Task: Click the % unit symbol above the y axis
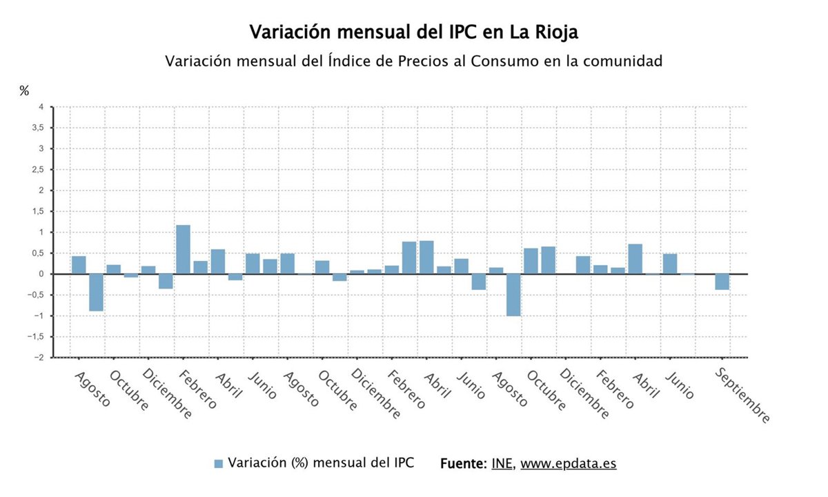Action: [x=24, y=90]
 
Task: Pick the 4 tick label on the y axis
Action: [x=41, y=107]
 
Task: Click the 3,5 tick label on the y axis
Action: [x=37, y=128]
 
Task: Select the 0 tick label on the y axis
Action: [x=41, y=274]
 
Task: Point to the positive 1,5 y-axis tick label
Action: [x=37, y=211]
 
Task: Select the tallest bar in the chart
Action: [x=183, y=249]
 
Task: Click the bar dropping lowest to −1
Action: [x=513, y=295]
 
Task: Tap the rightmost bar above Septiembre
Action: [x=722, y=282]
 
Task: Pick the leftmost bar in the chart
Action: [x=79, y=265]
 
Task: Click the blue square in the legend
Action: [x=219, y=464]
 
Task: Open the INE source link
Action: [x=502, y=464]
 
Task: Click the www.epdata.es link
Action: [x=568, y=464]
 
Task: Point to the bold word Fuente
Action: [x=462, y=464]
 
